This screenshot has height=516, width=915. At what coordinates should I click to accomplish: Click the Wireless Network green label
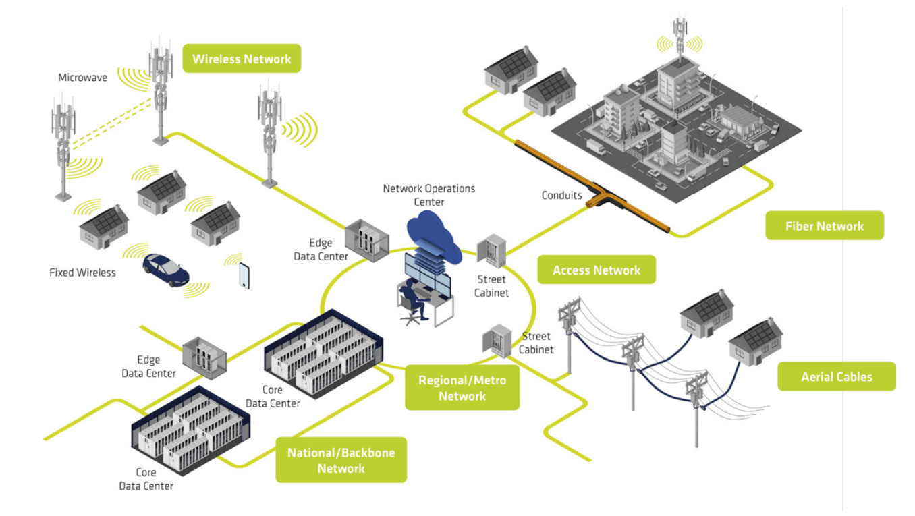click(x=242, y=59)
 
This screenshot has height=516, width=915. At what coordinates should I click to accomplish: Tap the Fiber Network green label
click(x=825, y=225)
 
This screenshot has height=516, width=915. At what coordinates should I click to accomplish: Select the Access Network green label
click(x=597, y=269)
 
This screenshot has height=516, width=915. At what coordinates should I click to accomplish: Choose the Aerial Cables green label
click(x=837, y=376)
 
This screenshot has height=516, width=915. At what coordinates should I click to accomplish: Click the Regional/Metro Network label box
click(x=462, y=387)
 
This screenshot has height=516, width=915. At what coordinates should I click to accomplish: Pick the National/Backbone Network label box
click(x=341, y=459)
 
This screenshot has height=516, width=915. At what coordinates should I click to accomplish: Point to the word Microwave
click(x=82, y=77)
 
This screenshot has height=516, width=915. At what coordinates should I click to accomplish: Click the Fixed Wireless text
click(x=82, y=273)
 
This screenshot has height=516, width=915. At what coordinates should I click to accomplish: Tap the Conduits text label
click(x=561, y=195)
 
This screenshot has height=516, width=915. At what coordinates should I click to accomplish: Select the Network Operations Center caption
click(x=429, y=195)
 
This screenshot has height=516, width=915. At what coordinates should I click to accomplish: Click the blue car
click(x=165, y=270)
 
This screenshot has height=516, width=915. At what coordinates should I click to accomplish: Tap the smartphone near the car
click(x=244, y=276)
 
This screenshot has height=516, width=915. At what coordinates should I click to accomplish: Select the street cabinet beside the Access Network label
click(x=492, y=251)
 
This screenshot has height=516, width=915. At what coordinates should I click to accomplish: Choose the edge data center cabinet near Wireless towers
click(x=366, y=240)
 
